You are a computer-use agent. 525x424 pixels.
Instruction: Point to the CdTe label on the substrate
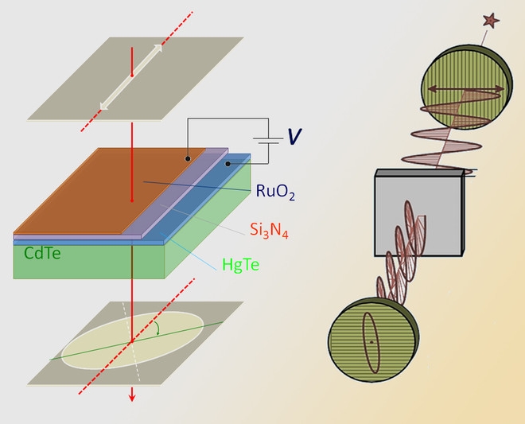[39, 255]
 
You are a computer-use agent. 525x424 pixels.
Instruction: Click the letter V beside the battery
[295, 137]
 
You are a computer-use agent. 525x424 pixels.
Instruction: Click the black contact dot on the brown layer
[188, 159]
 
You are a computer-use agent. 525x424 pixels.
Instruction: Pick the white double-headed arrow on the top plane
[131, 76]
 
